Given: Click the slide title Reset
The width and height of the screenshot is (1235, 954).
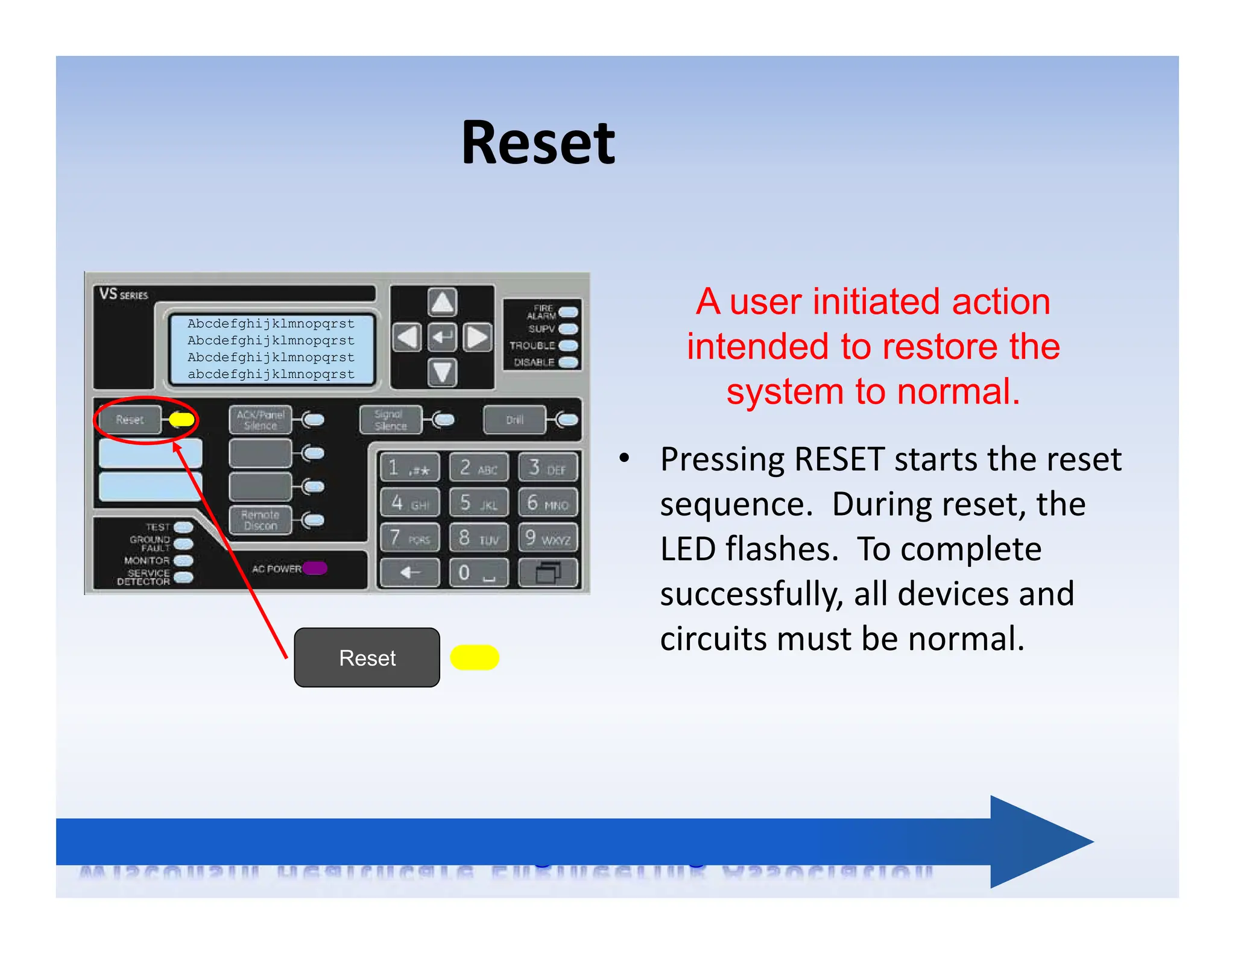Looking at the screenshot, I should pyautogui.click(x=537, y=143).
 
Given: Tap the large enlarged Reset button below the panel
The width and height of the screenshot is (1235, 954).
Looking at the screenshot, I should pyautogui.click(x=367, y=657).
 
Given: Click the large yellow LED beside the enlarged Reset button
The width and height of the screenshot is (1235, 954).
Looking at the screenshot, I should pyautogui.click(x=475, y=657).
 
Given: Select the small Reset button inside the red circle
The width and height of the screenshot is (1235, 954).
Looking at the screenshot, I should pyautogui.click(x=130, y=420).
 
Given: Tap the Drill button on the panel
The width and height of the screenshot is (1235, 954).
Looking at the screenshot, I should pyautogui.click(x=514, y=420).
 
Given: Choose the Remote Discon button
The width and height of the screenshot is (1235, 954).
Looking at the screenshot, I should pyautogui.click(x=260, y=520).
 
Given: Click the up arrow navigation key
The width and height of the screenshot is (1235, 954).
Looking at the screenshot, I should pyautogui.click(x=442, y=302).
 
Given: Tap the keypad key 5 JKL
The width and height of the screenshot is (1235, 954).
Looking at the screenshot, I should pyautogui.click(x=478, y=502).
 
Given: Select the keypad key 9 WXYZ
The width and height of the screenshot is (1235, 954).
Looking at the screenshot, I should pyautogui.click(x=548, y=537).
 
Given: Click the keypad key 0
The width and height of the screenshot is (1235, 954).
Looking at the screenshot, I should pyautogui.click(x=478, y=572).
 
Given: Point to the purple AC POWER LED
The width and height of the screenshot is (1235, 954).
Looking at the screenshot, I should pyautogui.click(x=315, y=568).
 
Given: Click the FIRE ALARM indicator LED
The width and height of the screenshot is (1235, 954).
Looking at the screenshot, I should pyautogui.click(x=567, y=312).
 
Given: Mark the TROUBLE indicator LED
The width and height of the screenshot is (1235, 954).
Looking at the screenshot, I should pyautogui.click(x=567, y=346).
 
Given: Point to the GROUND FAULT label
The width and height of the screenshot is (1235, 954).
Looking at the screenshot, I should pyautogui.click(x=150, y=543).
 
